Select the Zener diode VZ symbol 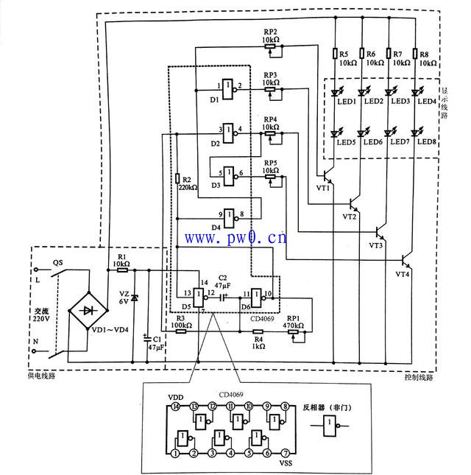(133, 297)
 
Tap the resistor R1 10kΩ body (121, 270)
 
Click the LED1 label (345, 101)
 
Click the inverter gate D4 (231, 216)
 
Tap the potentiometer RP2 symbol (271, 46)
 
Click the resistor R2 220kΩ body (177, 179)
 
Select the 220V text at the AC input (43, 319)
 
